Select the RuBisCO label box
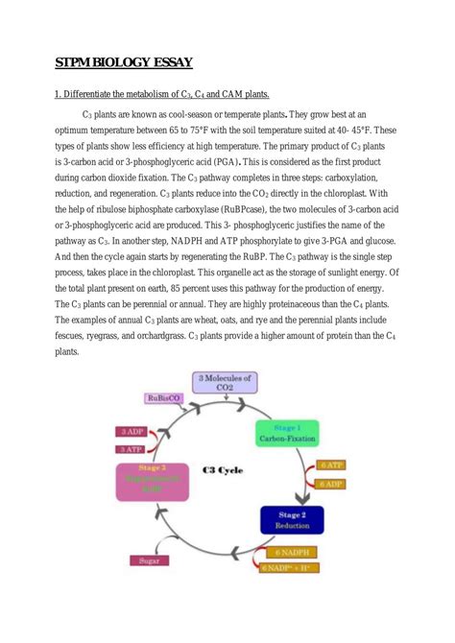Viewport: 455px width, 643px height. coord(164,398)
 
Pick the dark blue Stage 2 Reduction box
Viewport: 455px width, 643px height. coord(292,521)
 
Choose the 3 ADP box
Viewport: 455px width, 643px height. coord(131,432)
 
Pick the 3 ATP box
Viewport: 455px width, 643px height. coord(131,448)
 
